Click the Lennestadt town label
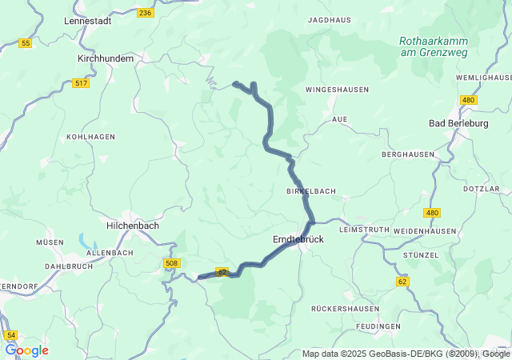pyautogui.click(x=87, y=21)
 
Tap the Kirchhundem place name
pyautogui.click(x=106, y=58)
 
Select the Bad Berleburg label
pyautogui.click(x=458, y=123)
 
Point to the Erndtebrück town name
pyautogui.click(x=298, y=239)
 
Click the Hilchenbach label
pyautogui.click(x=133, y=226)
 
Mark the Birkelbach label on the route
pyautogui.click(x=311, y=191)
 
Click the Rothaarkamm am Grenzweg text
pyautogui.click(x=430, y=46)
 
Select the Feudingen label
pyautogui.click(x=379, y=326)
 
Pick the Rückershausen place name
pyautogui.click(x=345, y=308)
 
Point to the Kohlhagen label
pyautogui.click(x=90, y=137)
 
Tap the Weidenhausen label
pyautogui.click(x=425, y=230)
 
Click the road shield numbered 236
pyautogui.click(x=145, y=13)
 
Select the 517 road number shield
pyautogui.click(x=81, y=83)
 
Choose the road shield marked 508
pyautogui.click(x=171, y=263)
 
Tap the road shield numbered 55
pyautogui.click(x=26, y=43)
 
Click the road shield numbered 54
pyautogui.click(x=10, y=335)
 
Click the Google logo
pyautogui.click(x=26, y=350)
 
